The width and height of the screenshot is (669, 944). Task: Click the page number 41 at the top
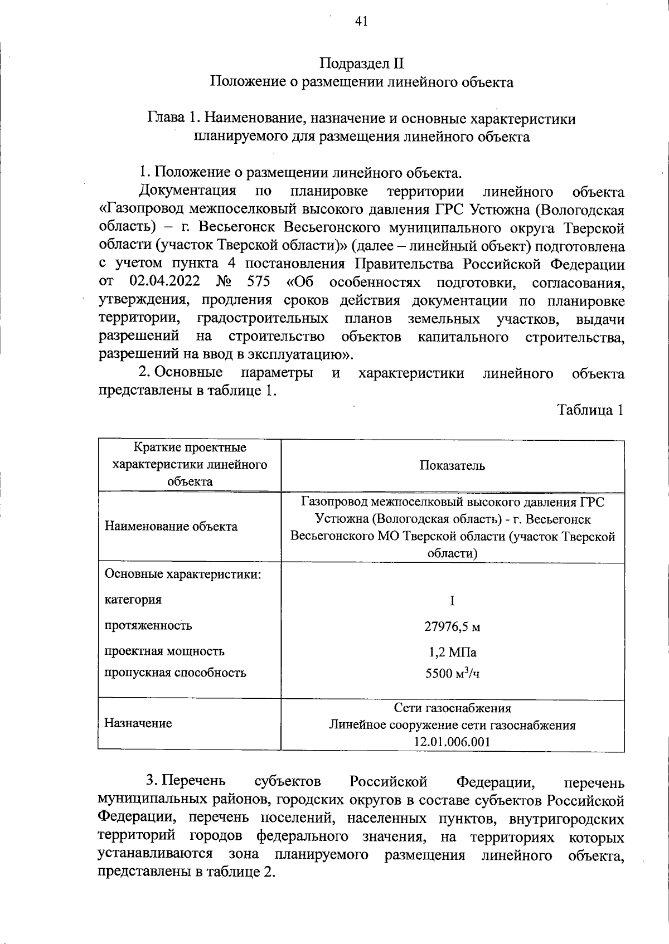(x=361, y=22)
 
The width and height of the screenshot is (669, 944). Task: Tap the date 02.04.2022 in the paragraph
(x=164, y=283)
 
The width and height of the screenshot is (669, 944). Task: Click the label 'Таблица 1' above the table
(x=590, y=410)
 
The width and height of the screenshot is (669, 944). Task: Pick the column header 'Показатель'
(x=452, y=466)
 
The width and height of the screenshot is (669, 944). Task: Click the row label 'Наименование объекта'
(x=171, y=527)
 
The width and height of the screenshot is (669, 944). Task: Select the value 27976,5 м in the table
(x=452, y=626)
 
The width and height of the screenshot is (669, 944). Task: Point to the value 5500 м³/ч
(x=452, y=674)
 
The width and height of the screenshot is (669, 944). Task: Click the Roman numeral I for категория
(x=452, y=601)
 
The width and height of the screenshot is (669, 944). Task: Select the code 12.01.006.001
(x=452, y=742)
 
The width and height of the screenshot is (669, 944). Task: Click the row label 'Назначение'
(x=138, y=723)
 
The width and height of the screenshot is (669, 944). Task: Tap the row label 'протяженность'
(x=148, y=626)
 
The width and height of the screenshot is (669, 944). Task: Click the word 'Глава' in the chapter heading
(x=166, y=119)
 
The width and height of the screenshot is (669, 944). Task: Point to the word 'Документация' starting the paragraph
(x=187, y=192)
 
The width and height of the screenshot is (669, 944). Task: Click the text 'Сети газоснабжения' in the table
(x=452, y=708)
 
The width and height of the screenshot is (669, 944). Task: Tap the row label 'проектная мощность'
(x=164, y=651)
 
